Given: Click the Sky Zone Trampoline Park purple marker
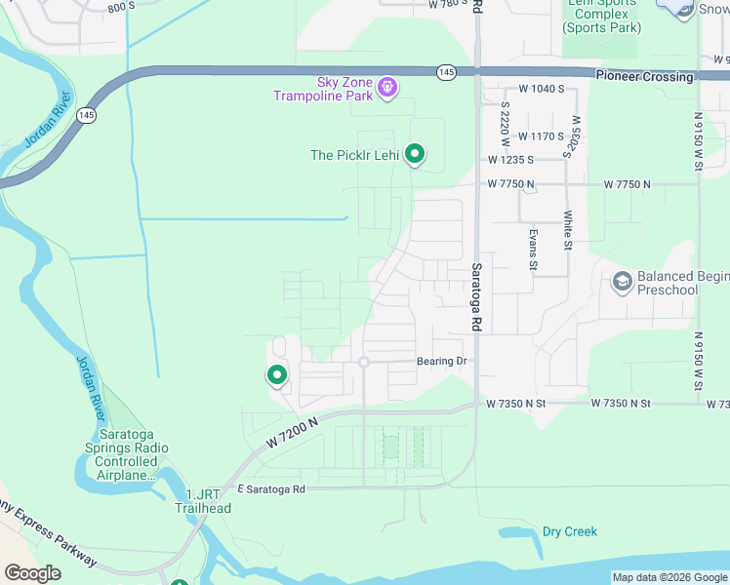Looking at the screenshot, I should tap(387, 89).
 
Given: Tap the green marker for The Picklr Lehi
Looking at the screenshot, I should tap(415, 154).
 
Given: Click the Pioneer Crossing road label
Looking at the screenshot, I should tap(644, 76).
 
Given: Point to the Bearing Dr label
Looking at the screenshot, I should tap(442, 362).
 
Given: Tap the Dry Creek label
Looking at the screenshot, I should tap(569, 531).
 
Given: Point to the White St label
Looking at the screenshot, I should tap(567, 230).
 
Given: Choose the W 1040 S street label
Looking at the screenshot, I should tap(542, 89).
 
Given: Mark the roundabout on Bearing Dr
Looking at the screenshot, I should tap(363, 362).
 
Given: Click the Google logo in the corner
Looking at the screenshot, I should tap(32, 573).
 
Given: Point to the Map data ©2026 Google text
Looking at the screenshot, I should tap(669, 576).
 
